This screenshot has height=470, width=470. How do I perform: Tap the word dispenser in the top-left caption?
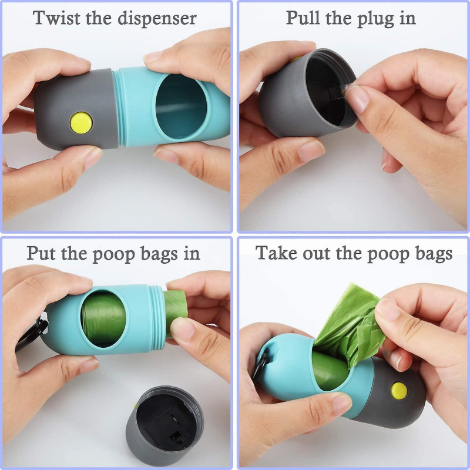point(157,19)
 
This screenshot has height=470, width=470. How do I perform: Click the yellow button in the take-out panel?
point(399,388)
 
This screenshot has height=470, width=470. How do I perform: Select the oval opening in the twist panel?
point(181,106)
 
